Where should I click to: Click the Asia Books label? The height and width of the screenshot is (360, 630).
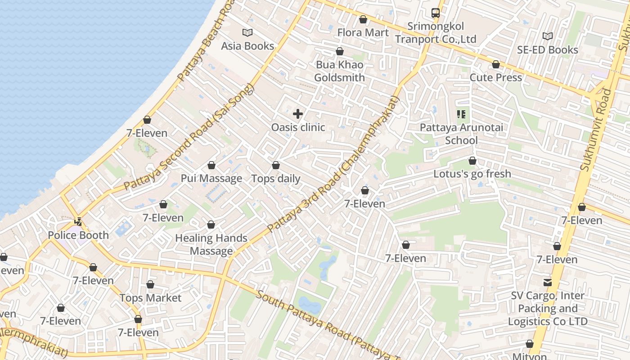(x=247, y=46)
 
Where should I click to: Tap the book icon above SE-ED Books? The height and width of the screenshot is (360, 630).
(x=547, y=36)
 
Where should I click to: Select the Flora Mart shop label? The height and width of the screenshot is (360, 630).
(x=363, y=32)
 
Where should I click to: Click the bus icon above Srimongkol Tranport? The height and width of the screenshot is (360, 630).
(x=435, y=13)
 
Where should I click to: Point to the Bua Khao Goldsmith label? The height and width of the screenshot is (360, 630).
(x=339, y=71)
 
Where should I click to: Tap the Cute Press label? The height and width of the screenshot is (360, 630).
(x=496, y=77)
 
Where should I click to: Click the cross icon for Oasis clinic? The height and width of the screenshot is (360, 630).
(x=298, y=114)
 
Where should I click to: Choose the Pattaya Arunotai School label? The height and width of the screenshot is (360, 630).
(x=461, y=134)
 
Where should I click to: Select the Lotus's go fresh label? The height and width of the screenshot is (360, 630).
(x=472, y=174)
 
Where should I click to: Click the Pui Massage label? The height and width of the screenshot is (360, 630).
(x=211, y=178)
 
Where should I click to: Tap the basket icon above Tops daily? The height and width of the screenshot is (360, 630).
(x=276, y=166)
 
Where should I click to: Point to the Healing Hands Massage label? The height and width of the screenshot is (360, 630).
(x=211, y=244)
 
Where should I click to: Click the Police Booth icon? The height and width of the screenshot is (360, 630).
(x=78, y=222)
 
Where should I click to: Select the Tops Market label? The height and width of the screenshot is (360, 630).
(x=150, y=298)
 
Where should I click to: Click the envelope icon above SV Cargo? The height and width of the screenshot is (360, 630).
(x=548, y=283)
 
